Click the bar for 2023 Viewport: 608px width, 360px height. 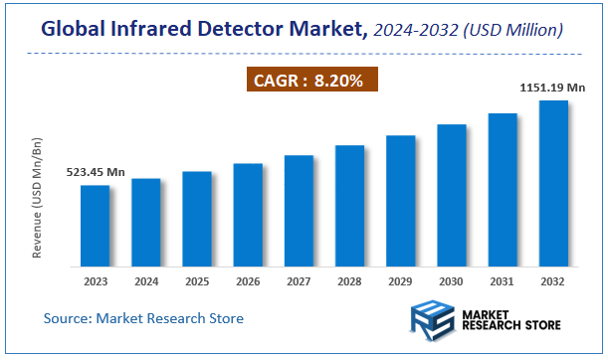pyautogui.click(x=96, y=226)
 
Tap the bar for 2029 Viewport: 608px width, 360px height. pyautogui.click(x=400, y=201)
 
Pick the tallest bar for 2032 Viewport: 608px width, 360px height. pyautogui.click(x=553, y=183)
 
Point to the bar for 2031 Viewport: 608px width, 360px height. pyautogui.click(x=503, y=190)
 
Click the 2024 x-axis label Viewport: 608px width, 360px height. pyautogui.click(x=146, y=281)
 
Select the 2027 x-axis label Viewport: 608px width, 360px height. pyautogui.click(x=299, y=281)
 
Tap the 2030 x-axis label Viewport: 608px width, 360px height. pyautogui.click(x=452, y=281)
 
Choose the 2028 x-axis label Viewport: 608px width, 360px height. pyautogui.click(x=349, y=281)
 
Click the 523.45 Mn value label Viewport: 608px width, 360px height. pyautogui.click(x=96, y=172)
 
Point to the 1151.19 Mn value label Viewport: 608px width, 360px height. pyautogui.click(x=552, y=88)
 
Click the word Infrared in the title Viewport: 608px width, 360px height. pyautogui.click(x=156, y=32)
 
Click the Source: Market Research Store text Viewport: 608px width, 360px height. pyautogui.click(x=143, y=318)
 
